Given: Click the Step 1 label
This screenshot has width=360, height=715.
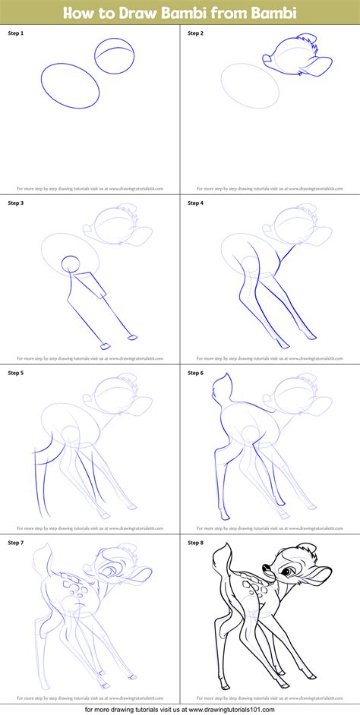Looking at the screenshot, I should pyautogui.click(x=16, y=33).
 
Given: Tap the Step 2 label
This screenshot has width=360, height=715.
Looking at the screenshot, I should pyautogui.click(x=195, y=33).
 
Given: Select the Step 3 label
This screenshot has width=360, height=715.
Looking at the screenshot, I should pyautogui.click(x=16, y=203).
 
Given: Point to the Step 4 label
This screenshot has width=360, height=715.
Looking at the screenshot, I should pyautogui.click(x=195, y=203).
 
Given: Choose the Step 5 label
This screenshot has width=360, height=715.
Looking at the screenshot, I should pyautogui.click(x=16, y=373).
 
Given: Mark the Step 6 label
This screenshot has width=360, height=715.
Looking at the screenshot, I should pyautogui.click(x=195, y=373).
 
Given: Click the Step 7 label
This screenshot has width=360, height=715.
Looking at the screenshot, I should pyautogui.click(x=16, y=543).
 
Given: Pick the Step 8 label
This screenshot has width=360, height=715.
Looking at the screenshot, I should pyautogui.click(x=195, y=543).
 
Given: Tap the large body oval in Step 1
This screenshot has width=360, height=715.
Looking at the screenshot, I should pyautogui.click(x=70, y=86).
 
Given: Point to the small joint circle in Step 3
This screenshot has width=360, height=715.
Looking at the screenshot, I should pyautogui.click(x=70, y=264).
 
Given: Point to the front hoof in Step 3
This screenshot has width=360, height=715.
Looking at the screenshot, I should pyautogui.click(x=132, y=337).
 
